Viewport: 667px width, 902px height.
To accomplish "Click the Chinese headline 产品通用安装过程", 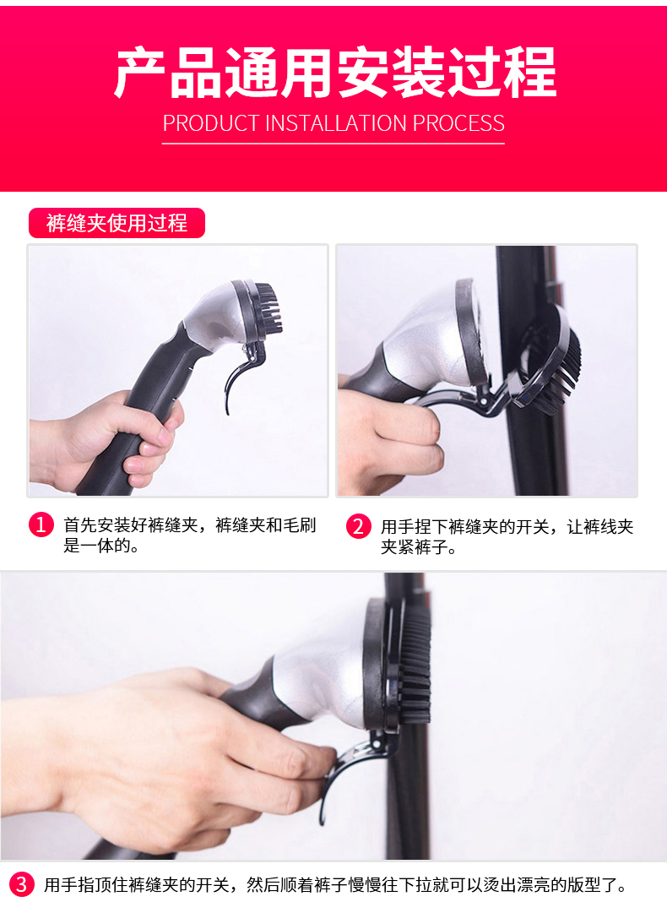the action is tap(335, 73).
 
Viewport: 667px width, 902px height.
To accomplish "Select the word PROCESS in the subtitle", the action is tap(458, 123).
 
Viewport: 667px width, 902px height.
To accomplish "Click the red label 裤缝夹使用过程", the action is tap(117, 223).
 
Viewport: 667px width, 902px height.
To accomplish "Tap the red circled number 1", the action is tap(41, 524).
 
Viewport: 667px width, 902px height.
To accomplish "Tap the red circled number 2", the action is tap(358, 526).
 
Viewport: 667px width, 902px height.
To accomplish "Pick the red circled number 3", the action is tap(21, 884).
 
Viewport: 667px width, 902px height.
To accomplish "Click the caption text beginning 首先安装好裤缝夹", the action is tap(190, 535).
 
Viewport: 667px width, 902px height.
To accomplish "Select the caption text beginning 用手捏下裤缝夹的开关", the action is tap(507, 536).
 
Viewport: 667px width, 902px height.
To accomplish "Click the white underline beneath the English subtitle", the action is tap(333, 143).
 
